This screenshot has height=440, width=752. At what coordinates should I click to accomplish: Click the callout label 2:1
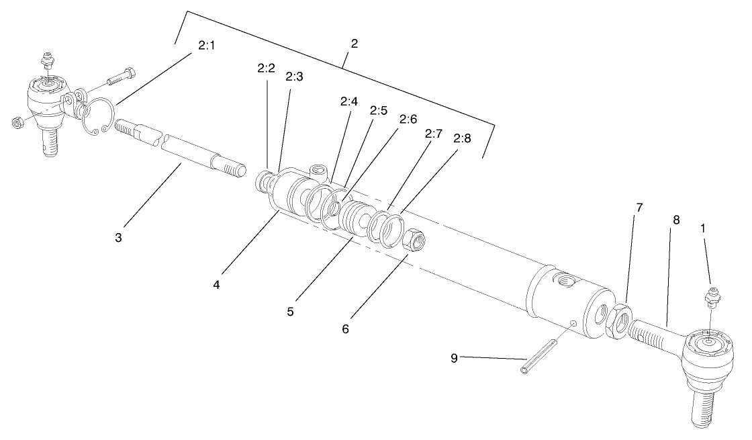coord(206,46)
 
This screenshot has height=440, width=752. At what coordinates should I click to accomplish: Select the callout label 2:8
coord(462,139)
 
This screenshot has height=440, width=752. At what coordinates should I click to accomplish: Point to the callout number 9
coord(454,358)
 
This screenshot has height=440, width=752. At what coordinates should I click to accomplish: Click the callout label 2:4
coord(348,102)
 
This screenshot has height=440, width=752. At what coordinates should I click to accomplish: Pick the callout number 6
coord(345,329)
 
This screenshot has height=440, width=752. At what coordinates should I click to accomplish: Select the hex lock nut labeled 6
coord(414,240)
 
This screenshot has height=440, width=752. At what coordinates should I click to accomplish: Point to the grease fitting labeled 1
coord(712,297)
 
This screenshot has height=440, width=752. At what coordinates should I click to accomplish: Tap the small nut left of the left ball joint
coord(17,122)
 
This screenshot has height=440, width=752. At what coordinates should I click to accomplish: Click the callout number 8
coord(676,219)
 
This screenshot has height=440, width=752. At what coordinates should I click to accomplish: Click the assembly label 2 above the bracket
coord(355,44)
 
